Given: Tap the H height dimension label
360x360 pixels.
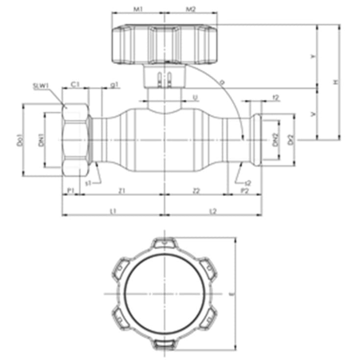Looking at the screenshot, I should (336, 82).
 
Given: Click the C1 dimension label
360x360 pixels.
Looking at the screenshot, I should (75, 85).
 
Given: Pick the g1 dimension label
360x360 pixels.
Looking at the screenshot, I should (114, 85).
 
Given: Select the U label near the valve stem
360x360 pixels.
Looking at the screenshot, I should (195, 98).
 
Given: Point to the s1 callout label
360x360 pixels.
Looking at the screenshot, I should (88, 183).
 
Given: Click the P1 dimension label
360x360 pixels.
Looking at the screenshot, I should (70, 190).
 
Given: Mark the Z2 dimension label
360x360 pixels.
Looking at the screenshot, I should (196, 190).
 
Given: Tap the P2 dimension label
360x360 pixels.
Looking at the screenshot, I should (243, 190).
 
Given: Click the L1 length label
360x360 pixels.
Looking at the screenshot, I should (113, 211).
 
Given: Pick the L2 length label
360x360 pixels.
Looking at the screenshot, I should (213, 211).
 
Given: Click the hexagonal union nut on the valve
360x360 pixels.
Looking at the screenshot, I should (75, 140).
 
